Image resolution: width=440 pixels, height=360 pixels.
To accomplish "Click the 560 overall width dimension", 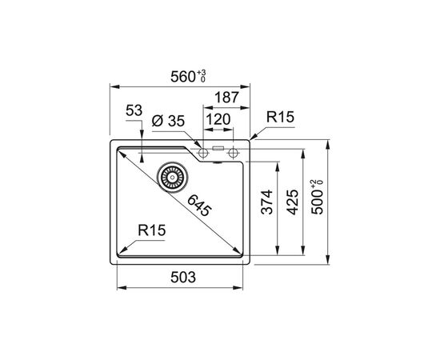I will click(183, 77).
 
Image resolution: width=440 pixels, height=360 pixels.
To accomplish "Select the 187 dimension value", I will click(227, 98).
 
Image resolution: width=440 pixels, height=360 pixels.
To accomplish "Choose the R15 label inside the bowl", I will click(151, 231).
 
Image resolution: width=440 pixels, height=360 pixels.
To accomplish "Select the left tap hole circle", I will click(202, 151).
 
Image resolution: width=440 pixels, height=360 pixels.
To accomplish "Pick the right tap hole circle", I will click(233, 151).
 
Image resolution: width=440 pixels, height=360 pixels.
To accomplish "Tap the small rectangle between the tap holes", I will click(218, 149).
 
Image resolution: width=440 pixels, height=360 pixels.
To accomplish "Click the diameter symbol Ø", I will click(156, 121).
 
